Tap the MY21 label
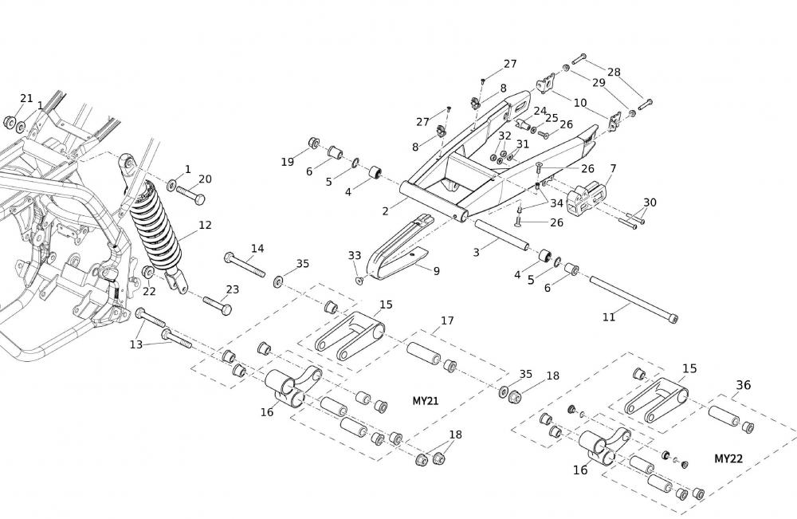426,400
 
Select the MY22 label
728,458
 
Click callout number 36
743,385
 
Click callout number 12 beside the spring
206,226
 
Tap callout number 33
354,255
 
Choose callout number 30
650,202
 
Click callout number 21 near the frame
26,99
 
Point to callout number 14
257,249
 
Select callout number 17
447,320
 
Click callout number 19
287,162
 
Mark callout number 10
580,103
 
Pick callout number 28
614,72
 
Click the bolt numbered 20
189,193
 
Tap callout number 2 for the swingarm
385,211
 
